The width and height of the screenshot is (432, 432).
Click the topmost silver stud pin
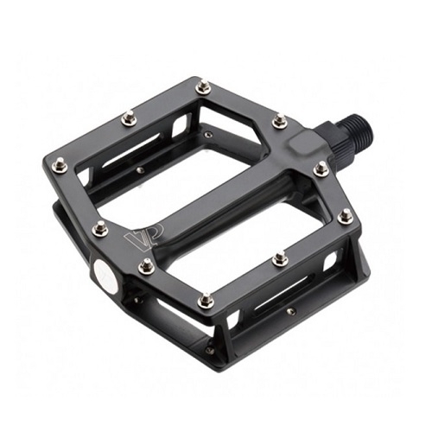tap(202, 87)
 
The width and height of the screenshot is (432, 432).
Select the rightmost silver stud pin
tap(345, 216)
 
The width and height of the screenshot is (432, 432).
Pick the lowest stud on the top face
tap(205, 300)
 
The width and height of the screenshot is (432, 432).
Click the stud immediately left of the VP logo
tap(100, 228)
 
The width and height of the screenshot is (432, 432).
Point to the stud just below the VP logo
tap(148, 266)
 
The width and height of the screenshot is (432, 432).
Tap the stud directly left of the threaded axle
tap(279, 122)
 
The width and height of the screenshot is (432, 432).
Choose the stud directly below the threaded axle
tap(321, 168)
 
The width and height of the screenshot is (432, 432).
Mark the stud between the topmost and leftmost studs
tap(129, 118)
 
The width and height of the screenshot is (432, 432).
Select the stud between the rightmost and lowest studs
tap(280, 258)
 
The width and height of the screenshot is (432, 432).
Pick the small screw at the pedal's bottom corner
tap(210, 351)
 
